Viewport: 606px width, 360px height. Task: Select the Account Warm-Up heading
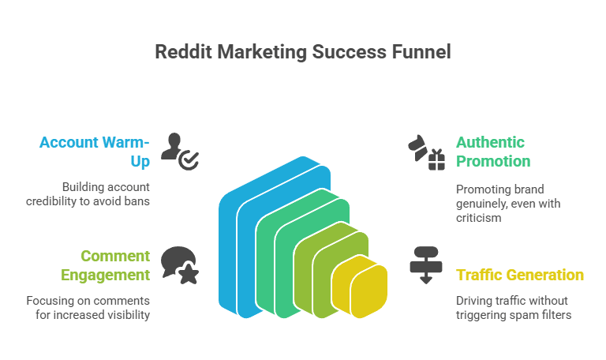click(x=95, y=152)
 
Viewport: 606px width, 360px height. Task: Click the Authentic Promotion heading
click(x=493, y=152)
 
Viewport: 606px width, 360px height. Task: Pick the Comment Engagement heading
click(x=105, y=265)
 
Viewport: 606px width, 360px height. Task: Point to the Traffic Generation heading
click(x=520, y=275)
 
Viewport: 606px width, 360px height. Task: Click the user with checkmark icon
click(x=180, y=152)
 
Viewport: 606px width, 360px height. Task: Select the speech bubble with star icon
click(x=180, y=265)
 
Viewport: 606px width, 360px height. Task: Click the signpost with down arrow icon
click(x=426, y=265)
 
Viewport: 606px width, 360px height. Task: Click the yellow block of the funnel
click(x=360, y=287)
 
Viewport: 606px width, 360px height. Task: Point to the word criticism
click(x=478, y=218)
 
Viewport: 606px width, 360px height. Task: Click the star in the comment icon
click(x=189, y=273)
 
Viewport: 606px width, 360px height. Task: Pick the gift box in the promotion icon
click(x=436, y=160)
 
